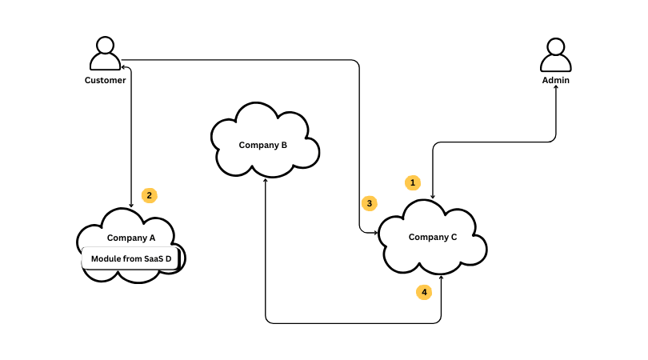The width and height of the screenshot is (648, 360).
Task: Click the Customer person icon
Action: (105, 54)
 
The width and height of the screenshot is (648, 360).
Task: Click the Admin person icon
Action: (556, 54)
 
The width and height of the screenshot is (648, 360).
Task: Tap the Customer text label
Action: (106, 80)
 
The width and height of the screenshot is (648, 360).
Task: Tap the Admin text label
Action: (556, 80)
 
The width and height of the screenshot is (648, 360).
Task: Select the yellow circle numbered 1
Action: (413, 182)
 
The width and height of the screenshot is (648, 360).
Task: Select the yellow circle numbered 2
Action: (149, 194)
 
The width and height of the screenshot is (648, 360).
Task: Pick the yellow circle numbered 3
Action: (369, 203)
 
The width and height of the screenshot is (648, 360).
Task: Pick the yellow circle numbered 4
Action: (424, 293)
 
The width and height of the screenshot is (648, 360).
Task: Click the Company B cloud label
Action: (263, 145)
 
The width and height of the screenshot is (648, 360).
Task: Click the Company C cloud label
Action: (433, 237)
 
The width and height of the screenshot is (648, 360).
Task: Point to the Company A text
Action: (131, 238)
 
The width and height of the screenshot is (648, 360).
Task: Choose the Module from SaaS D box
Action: (131, 258)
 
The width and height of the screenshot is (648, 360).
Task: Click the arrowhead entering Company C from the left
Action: (374, 232)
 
